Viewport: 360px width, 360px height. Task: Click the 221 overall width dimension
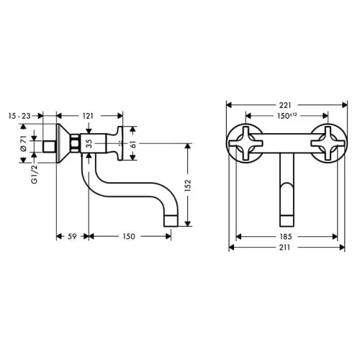(x=285, y=105)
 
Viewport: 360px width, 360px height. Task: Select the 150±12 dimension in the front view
(x=287, y=116)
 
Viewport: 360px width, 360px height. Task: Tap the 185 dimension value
(x=286, y=237)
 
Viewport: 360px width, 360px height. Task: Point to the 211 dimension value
(x=284, y=247)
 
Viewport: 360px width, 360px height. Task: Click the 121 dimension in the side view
(x=88, y=116)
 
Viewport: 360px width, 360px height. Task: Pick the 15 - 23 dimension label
(x=19, y=116)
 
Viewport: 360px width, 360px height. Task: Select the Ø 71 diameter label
(x=23, y=143)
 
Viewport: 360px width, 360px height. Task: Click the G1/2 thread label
(x=35, y=174)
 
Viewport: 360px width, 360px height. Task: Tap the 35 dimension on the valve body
(x=89, y=143)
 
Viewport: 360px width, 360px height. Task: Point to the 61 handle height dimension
(x=133, y=144)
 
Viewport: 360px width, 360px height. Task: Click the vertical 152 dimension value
(x=188, y=185)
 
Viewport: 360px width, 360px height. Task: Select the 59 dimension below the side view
(x=72, y=236)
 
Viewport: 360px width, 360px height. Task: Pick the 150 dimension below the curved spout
(x=129, y=236)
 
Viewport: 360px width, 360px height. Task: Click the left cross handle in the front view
(x=246, y=143)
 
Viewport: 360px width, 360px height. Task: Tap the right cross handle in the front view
(x=328, y=143)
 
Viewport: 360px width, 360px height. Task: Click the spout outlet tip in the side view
(x=171, y=221)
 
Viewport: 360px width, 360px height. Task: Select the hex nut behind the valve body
(x=75, y=143)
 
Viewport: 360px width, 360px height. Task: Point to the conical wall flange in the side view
(x=63, y=143)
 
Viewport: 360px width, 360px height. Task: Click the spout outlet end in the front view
(x=287, y=221)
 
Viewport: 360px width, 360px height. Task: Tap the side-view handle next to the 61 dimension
(x=117, y=143)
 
